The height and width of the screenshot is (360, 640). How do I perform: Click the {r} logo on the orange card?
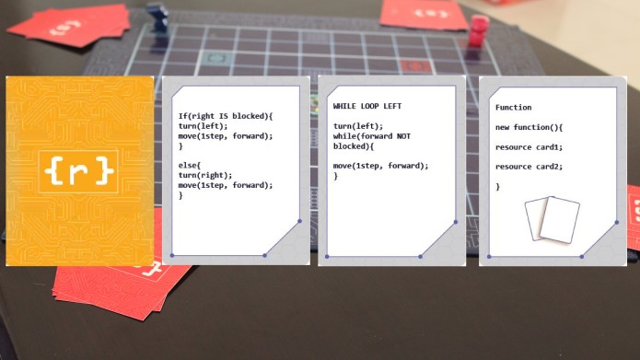click(79, 171)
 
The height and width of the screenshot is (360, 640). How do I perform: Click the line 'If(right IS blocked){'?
click(226, 116)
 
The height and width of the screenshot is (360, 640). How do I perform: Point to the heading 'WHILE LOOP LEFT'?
click(368, 106)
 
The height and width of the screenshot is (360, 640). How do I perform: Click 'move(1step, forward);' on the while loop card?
click(380, 166)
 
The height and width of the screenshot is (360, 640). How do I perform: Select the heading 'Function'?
click(513, 107)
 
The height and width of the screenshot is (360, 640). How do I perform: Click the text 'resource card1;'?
click(528, 147)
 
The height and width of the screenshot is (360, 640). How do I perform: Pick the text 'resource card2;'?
click(528, 167)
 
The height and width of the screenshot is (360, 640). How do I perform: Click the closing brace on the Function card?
click(498, 187)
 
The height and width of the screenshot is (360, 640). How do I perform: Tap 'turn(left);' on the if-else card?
click(203, 126)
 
